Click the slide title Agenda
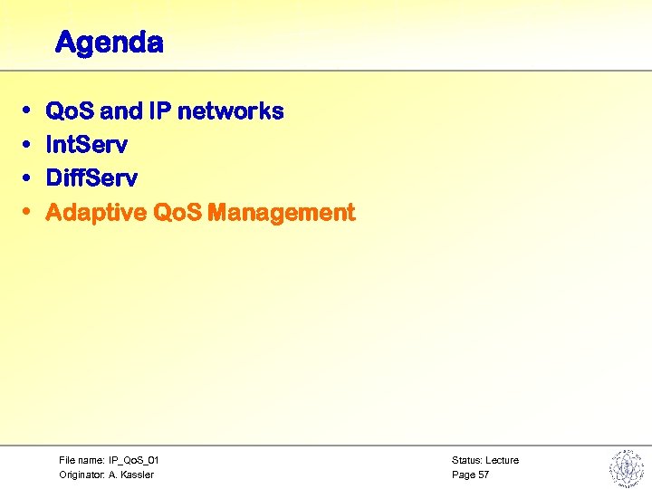click(109, 43)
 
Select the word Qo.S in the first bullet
click(71, 111)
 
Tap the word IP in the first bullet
click(159, 111)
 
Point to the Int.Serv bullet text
click(86, 145)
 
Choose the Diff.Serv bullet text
click(91, 178)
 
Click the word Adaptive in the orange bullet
click(96, 213)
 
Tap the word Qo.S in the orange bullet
click(177, 213)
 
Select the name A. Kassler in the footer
click(131, 475)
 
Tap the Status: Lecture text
click(485, 460)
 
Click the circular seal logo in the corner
click(625, 467)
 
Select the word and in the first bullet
click(120, 111)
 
